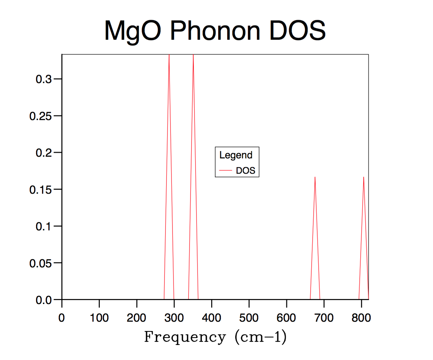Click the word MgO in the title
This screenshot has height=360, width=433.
click(x=132, y=31)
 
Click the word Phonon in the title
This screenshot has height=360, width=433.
click(x=215, y=31)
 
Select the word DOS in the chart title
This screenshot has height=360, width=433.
click(x=297, y=31)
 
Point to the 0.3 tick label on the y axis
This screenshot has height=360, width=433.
click(x=44, y=79)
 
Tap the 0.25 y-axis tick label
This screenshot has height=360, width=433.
click(x=40, y=116)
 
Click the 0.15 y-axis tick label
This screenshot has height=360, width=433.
click(x=40, y=190)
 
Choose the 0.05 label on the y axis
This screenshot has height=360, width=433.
click(x=40, y=263)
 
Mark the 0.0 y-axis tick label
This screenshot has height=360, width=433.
click(x=44, y=300)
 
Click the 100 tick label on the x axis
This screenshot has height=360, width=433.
click(x=99, y=318)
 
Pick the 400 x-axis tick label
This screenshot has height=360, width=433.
click(x=211, y=318)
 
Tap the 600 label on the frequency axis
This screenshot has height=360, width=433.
click(x=286, y=318)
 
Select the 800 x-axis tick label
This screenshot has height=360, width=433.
click(x=361, y=318)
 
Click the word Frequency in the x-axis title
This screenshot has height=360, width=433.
click(x=185, y=337)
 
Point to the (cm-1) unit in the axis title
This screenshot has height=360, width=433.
click(x=261, y=337)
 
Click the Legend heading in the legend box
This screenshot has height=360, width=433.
click(x=236, y=155)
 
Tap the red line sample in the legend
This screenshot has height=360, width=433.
click(x=226, y=171)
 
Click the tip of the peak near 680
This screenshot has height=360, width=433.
click(x=315, y=177)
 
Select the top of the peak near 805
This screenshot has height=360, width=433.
click(x=364, y=177)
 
